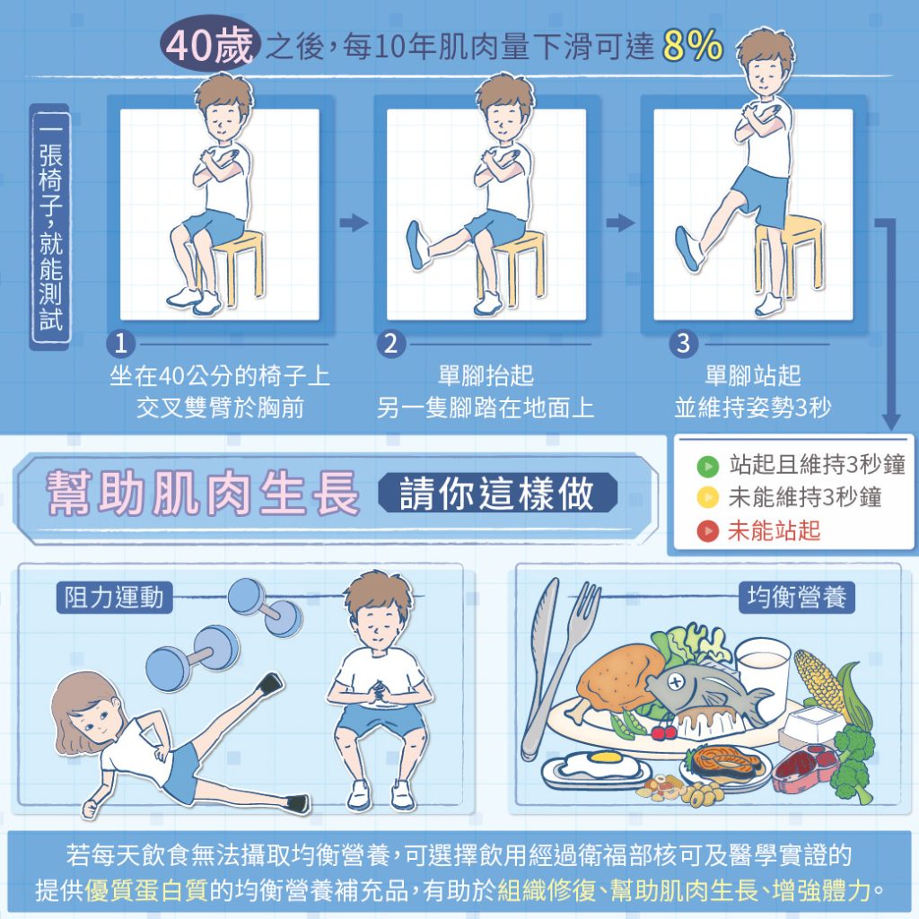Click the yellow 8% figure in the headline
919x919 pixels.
pos(693,46)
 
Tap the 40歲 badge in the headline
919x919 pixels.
pos(209,45)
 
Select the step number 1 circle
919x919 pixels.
pos(121,344)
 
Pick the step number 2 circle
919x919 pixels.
pos(391,344)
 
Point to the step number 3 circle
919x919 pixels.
pos(683,344)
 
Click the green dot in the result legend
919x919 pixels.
pos(708,467)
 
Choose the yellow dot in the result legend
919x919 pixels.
pos(708,497)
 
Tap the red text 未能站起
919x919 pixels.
pos(774,530)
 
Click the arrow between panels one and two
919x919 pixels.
pos(354,223)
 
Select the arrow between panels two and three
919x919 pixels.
pos(621,223)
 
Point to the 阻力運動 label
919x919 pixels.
pos(114,598)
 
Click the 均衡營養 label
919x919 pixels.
pos(797,598)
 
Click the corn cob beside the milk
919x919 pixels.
pos(820,680)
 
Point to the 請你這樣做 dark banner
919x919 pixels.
pos(497,493)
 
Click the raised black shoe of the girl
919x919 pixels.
pos(271,683)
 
